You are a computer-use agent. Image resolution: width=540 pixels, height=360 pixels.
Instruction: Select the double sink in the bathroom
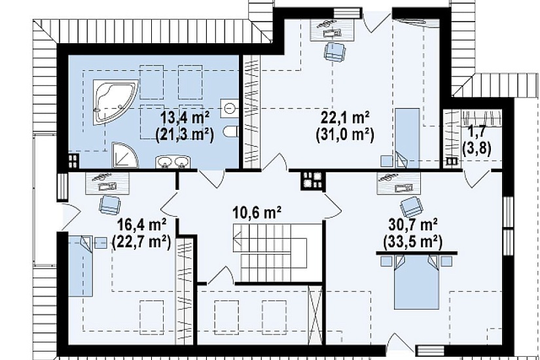click(x=173, y=162)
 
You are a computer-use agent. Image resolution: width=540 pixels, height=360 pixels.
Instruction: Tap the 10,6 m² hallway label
click(x=258, y=212)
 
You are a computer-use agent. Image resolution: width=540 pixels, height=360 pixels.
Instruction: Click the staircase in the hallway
click(x=270, y=253)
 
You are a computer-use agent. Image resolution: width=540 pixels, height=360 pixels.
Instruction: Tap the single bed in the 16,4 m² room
click(x=81, y=266)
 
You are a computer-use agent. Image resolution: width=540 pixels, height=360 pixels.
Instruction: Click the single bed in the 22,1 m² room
click(x=407, y=138)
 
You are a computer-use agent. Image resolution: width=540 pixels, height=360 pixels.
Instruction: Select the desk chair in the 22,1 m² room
click(x=334, y=52)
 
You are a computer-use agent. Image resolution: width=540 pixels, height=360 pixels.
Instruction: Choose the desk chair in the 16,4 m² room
click(x=110, y=204)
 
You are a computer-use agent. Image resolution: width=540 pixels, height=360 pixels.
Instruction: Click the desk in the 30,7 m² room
click(x=399, y=184)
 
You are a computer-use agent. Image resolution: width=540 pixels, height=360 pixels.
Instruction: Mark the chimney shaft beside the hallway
click(x=312, y=181)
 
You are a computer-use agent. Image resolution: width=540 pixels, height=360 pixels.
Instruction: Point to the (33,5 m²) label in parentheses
click(x=412, y=243)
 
